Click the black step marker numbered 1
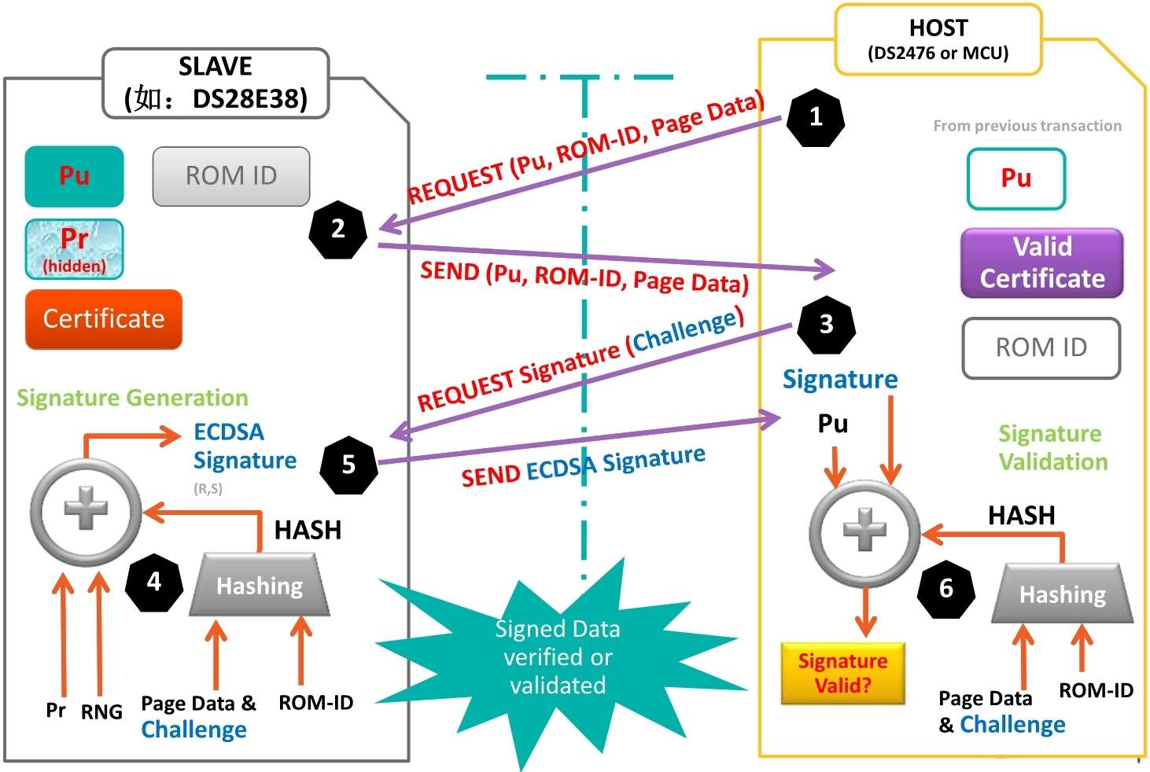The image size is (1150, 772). point(816,118)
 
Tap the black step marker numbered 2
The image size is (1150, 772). point(337,229)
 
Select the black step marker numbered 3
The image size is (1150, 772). point(826,324)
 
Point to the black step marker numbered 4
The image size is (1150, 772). point(154,582)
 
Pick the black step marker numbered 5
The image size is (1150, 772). point(348,465)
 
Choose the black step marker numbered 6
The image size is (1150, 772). point(946,588)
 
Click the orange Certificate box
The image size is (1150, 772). point(104,319)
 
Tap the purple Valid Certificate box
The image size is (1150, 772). point(1041,263)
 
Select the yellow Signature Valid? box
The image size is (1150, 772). point(842,673)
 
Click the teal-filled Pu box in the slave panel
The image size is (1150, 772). point(74,176)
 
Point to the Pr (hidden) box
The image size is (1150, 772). point(74,248)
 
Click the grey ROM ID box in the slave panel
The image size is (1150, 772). point(231,176)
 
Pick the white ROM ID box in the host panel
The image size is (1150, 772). point(1041,347)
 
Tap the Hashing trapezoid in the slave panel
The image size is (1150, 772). point(260,586)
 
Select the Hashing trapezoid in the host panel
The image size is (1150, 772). point(1062,594)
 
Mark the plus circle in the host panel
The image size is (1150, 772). point(864,532)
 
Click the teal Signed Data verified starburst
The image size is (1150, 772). point(558,657)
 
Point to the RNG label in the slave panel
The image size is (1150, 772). point(101,712)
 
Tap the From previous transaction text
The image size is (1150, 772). point(1027,126)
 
